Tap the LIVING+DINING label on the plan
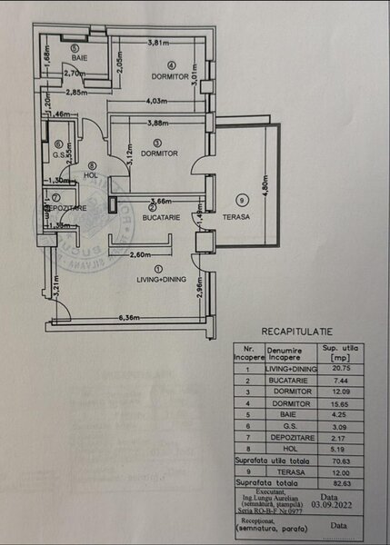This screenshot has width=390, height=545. click(158, 281)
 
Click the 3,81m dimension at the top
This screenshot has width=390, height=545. click(159, 43)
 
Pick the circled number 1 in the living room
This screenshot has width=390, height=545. click(158, 269)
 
